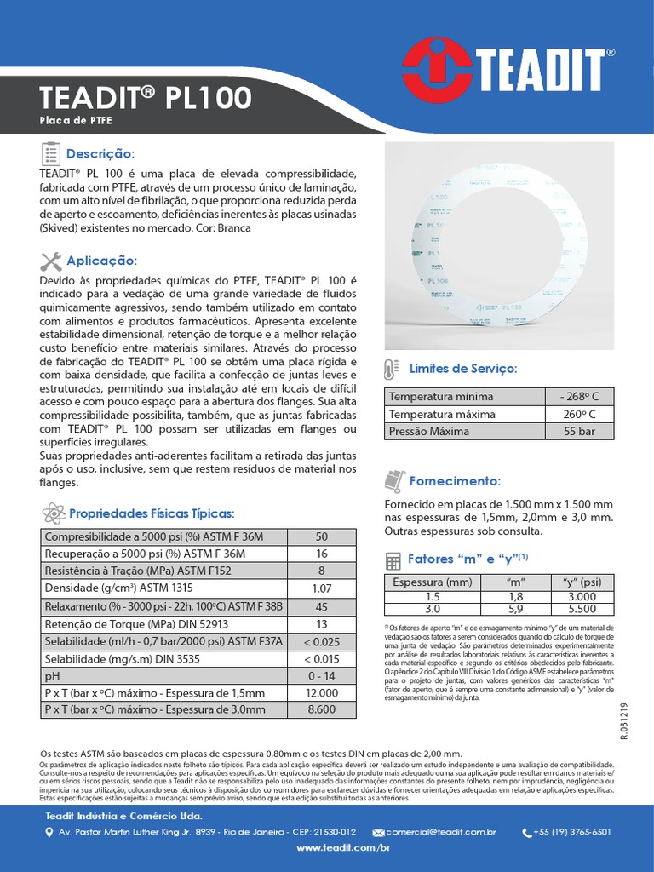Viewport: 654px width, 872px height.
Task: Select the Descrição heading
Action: pyautogui.click(x=100, y=154)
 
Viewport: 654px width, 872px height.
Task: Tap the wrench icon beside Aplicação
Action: pyautogui.click(x=50, y=261)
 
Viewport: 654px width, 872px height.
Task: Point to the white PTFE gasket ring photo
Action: pyautogui.click(x=498, y=246)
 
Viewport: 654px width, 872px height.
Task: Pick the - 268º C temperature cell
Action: pyautogui.click(x=579, y=397)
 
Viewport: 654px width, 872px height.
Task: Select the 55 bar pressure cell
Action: pyautogui.click(x=579, y=431)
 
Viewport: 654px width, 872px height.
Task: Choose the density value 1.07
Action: pyautogui.click(x=321, y=588)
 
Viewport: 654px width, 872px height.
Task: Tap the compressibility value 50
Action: pyautogui.click(x=321, y=536)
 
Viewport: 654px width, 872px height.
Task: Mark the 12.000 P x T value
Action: pyautogui.click(x=321, y=693)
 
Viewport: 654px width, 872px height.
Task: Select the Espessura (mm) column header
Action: pyautogui.click(x=431, y=582)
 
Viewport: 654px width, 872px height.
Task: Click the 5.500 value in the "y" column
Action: pyautogui.click(x=582, y=609)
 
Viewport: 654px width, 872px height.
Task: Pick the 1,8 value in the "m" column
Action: pyautogui.click(x=515, y=597)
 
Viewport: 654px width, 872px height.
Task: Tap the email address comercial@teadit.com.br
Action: pyautogui.click(x=440, y=831)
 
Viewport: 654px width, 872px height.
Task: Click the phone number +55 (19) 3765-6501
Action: pyautogui.click(x=571, y=831)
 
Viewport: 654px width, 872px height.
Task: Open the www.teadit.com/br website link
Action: pyautogui.click(x=342, y=849)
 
